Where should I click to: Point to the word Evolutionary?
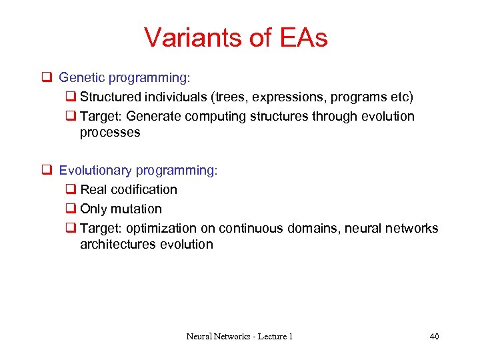pos(92,171)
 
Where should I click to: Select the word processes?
pos(110,133)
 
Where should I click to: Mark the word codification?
pos(142,190)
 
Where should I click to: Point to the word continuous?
pos(251,229)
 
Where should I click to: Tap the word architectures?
pos(117,245)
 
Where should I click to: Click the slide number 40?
pos(434,337)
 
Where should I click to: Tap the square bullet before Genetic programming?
pos(47,78)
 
